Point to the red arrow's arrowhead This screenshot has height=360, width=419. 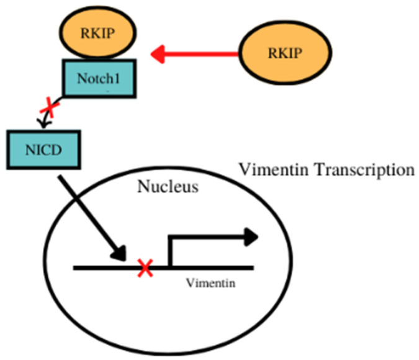click(160, 54)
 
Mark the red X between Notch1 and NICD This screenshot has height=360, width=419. click(47, 110)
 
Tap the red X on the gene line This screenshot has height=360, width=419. click(145, 268)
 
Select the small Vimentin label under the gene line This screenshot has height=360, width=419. click(207, 283)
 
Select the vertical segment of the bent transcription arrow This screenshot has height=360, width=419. click(169, 251)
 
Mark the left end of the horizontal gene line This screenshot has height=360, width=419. click(75, 268)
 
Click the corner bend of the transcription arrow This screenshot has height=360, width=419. click(169, 236)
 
